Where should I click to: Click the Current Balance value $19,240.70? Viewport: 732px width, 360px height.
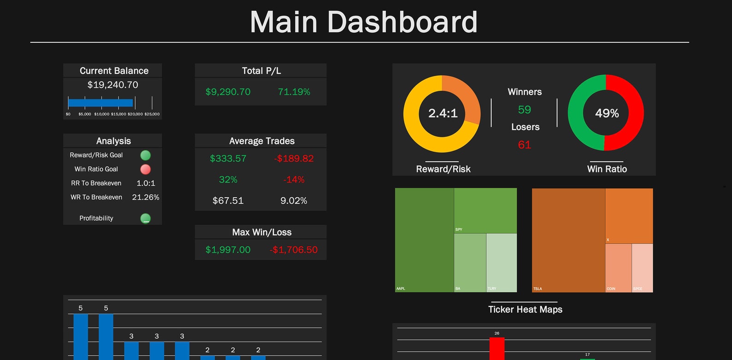tap(113, 85)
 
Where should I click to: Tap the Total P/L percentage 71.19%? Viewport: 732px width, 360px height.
tap(294, 92)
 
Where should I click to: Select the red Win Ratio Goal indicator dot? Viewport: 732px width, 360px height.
tap(145, 169)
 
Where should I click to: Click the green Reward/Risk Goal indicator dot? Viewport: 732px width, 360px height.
tap(145, 155)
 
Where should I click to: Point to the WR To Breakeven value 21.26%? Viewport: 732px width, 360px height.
tap(146, 197)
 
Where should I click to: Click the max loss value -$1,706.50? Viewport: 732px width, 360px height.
tap(294, 250)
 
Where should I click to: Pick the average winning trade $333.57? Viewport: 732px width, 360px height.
tap(228, 159)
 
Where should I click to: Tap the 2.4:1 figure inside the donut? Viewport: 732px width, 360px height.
tap(443, 113)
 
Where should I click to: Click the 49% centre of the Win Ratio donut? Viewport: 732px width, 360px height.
tap(607, 113)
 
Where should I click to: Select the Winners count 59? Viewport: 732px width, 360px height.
tap(525, 110)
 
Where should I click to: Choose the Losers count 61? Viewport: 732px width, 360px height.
tap(525, 145)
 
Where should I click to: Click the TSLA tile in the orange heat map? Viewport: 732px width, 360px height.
tap(568, 240)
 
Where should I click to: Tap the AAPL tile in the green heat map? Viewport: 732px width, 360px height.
tap(424, 240)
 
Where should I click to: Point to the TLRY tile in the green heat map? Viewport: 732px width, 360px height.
tap(502, 263)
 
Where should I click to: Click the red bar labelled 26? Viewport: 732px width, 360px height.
tap(497, 348)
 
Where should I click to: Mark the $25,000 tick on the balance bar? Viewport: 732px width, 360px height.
tap(152, 114)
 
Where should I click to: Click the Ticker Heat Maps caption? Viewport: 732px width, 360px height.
tap(525, 309)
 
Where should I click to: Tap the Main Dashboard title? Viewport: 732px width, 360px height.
tap(363, 22)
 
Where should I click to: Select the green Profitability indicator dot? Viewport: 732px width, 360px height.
tap(145, 218)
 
